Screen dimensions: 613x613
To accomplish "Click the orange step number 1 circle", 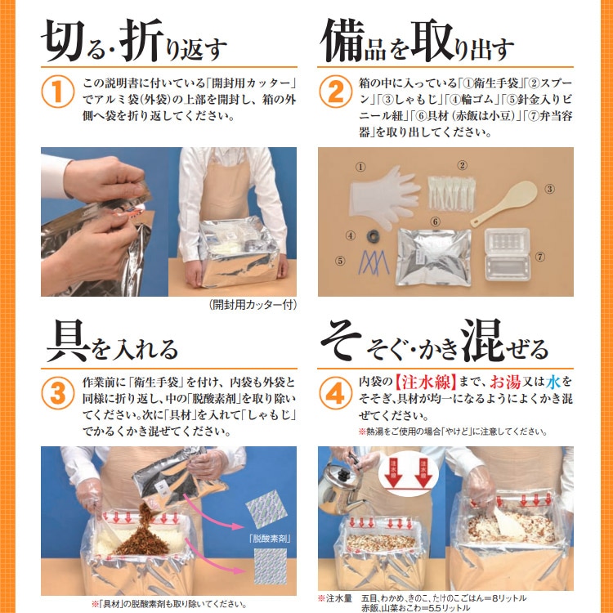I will [56, 92].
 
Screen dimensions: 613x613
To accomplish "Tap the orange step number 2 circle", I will [335, 92].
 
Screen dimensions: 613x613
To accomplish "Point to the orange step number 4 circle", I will [335, 395].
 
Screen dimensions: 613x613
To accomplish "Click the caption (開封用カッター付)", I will [253, 305].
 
